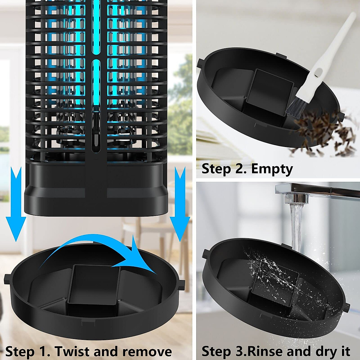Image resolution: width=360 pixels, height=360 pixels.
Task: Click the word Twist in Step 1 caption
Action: [x=72, y=351]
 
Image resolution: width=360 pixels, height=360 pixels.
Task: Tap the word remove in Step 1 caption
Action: [x=147, y=351]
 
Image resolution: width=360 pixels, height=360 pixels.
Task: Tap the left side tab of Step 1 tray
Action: [x=7, y=277]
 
